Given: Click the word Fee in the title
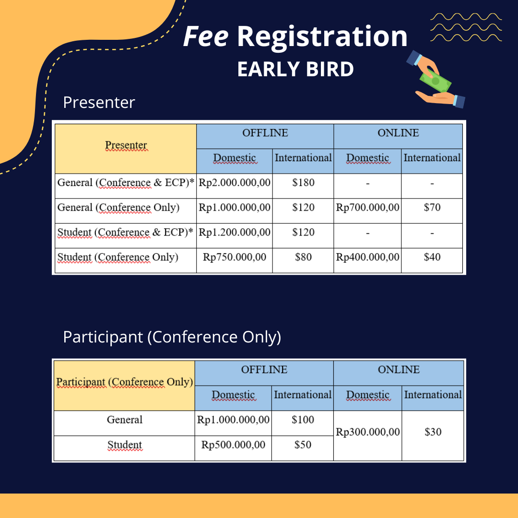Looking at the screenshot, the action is tap(205, 36).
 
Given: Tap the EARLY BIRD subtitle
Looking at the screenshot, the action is tap(295, 69).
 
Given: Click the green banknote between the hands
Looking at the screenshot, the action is tap(436, 81).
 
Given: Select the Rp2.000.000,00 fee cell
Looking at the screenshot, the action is tap(234, 183).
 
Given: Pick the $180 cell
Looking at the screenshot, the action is tap(303, 183).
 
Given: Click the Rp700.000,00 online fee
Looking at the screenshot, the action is tap(367, 208).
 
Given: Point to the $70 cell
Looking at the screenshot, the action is tap(432, 208).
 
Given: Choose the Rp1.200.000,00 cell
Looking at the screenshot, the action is tap(234, 232).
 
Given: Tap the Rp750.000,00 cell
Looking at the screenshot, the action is tap(234, 257).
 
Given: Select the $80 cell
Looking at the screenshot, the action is tap(303, 257).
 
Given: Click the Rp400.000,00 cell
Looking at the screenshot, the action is tap(367, 257).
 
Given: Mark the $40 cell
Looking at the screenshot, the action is tap(432, 257).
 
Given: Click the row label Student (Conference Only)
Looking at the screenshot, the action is tap(118, 258).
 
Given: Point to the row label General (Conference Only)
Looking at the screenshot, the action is tap(118, 208).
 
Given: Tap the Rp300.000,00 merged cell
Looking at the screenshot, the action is tap(368, 432).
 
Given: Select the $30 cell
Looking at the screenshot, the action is tap(433, 432).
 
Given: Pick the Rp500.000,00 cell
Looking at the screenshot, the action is tap(233, 445).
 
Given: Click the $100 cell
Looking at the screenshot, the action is tap(302, 420).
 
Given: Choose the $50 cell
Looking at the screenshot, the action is tap(302, 445).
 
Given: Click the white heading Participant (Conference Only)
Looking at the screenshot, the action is tap(172, 337).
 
